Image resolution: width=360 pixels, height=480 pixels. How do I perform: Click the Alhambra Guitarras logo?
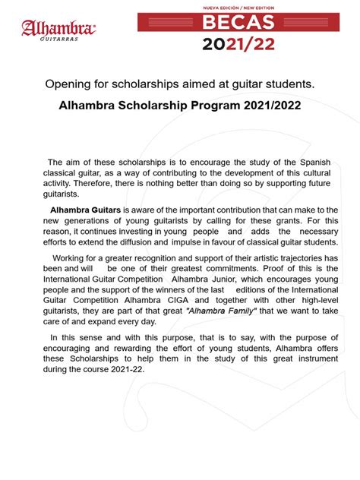[x=58, y=29]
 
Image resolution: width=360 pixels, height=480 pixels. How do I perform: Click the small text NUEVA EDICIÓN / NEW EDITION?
[x=238, y=7]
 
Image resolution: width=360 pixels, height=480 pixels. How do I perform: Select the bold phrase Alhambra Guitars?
[x=85, y=209]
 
